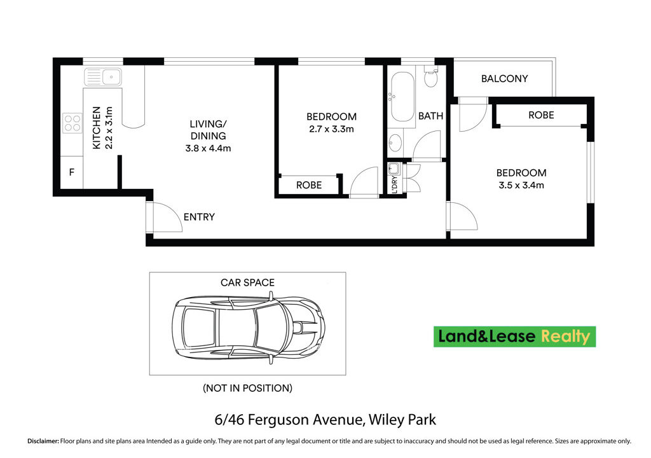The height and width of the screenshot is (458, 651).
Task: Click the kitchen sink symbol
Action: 103,78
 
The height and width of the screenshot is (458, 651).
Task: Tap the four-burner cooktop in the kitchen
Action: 72,122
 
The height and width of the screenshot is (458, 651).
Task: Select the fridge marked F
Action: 71,172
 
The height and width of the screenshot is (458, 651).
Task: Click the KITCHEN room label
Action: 97,127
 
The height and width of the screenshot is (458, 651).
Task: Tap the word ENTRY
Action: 199,217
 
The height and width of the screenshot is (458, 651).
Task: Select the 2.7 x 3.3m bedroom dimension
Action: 331,129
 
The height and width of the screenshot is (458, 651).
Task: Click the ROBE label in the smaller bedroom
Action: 309,185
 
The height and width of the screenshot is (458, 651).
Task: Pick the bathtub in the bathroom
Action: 402,97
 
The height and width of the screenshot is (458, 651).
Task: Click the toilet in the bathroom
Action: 430,79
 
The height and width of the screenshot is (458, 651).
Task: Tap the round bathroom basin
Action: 395,141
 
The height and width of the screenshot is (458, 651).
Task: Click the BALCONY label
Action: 504,79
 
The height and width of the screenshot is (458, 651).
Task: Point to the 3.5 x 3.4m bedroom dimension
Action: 521,186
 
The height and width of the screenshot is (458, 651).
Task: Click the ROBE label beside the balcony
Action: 541,115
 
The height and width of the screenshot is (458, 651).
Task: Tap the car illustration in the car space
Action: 249,328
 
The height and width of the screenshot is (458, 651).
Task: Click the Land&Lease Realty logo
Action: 514,337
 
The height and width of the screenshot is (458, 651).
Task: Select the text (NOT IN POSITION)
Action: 247,387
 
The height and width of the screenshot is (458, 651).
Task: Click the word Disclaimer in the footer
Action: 42,441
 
